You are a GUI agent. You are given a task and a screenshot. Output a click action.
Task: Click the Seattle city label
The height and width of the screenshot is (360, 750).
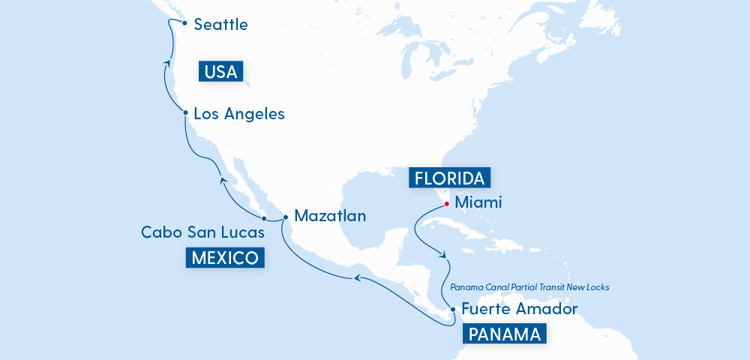[220, 25]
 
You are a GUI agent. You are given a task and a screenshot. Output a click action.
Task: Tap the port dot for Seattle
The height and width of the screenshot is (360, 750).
[183, 23]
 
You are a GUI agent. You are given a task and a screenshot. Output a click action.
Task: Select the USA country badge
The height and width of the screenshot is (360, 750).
[220, 72]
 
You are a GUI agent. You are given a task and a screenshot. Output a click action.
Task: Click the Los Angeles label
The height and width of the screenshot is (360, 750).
[239, 114]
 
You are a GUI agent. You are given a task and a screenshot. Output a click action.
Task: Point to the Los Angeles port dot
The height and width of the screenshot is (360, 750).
[184, 113]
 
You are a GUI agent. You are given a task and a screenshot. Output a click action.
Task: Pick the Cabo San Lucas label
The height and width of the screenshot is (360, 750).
[202, 232]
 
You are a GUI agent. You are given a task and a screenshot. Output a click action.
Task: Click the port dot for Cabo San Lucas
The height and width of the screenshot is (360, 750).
[264, 217]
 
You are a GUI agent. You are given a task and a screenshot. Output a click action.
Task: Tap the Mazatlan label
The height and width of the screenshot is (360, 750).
[330, 216]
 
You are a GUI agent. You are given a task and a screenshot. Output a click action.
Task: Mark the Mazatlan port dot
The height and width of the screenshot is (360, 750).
[286, 217]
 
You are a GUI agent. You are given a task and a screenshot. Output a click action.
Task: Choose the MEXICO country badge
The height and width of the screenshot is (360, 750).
[225, 259]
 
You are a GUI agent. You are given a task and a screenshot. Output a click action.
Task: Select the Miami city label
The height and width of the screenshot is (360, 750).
[478, 202]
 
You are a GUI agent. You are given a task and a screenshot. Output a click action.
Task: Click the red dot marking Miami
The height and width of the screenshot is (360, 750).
[446, 203]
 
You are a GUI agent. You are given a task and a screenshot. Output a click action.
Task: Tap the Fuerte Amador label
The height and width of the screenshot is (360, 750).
[519, 308]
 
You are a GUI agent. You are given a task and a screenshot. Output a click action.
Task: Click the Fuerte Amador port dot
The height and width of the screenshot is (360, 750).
[452, 309]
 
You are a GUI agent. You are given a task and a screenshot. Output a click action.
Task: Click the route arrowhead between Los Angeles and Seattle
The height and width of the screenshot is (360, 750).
[166, 67]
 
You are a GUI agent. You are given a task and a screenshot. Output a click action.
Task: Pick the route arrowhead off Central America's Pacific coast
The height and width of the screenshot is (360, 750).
[358, 278]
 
